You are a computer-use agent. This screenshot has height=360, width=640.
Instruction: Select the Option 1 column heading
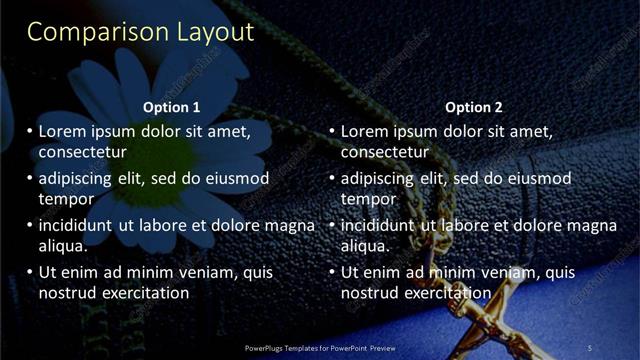172,107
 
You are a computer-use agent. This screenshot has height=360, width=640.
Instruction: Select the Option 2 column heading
474,107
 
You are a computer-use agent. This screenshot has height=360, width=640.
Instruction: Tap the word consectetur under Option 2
385,152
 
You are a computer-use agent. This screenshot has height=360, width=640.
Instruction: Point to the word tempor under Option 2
369,198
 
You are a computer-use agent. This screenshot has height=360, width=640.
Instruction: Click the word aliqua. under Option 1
63,245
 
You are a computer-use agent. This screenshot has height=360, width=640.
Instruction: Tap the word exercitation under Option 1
143,292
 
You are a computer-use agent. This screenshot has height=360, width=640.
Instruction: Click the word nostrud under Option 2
371,292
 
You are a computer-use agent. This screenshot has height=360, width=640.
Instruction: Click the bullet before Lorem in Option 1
29,132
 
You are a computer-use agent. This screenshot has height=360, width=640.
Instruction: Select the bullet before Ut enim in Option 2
331,272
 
